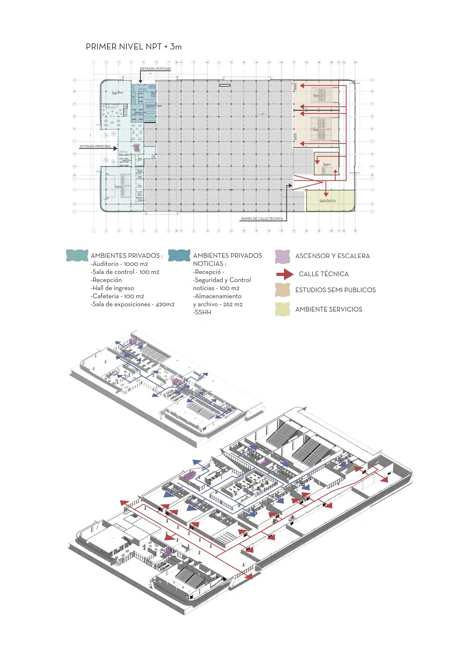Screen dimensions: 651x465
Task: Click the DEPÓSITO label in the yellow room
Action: (327, 201)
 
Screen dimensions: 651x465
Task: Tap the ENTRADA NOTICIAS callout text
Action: (155, 69)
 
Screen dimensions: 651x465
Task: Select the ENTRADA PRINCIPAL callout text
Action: (95, 146)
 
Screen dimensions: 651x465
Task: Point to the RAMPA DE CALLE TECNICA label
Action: (262, 219)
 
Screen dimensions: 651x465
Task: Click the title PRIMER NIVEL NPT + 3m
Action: (133, 47)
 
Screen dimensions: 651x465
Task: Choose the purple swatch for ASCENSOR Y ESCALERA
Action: (282, 256)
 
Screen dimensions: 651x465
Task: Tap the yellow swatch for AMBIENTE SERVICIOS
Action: (282, 309)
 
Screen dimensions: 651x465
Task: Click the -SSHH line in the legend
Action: (202, 312)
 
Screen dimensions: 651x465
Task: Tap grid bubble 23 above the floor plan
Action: (355, 62)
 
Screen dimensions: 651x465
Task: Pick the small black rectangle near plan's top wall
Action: (225, 85)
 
